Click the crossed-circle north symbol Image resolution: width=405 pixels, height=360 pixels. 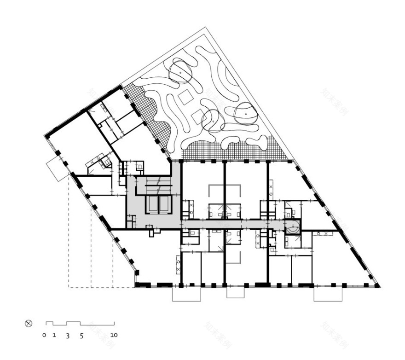[29, 324]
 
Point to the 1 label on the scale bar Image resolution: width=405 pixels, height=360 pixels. [54, 335]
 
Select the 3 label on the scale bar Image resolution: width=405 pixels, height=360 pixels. [67, 336]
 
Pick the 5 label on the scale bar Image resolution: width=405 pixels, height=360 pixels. [81, 336]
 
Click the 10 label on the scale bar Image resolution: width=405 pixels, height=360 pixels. [114, 335]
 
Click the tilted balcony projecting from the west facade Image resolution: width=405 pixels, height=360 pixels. [57, 168]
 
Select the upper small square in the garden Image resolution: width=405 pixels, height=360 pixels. [186, 97]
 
